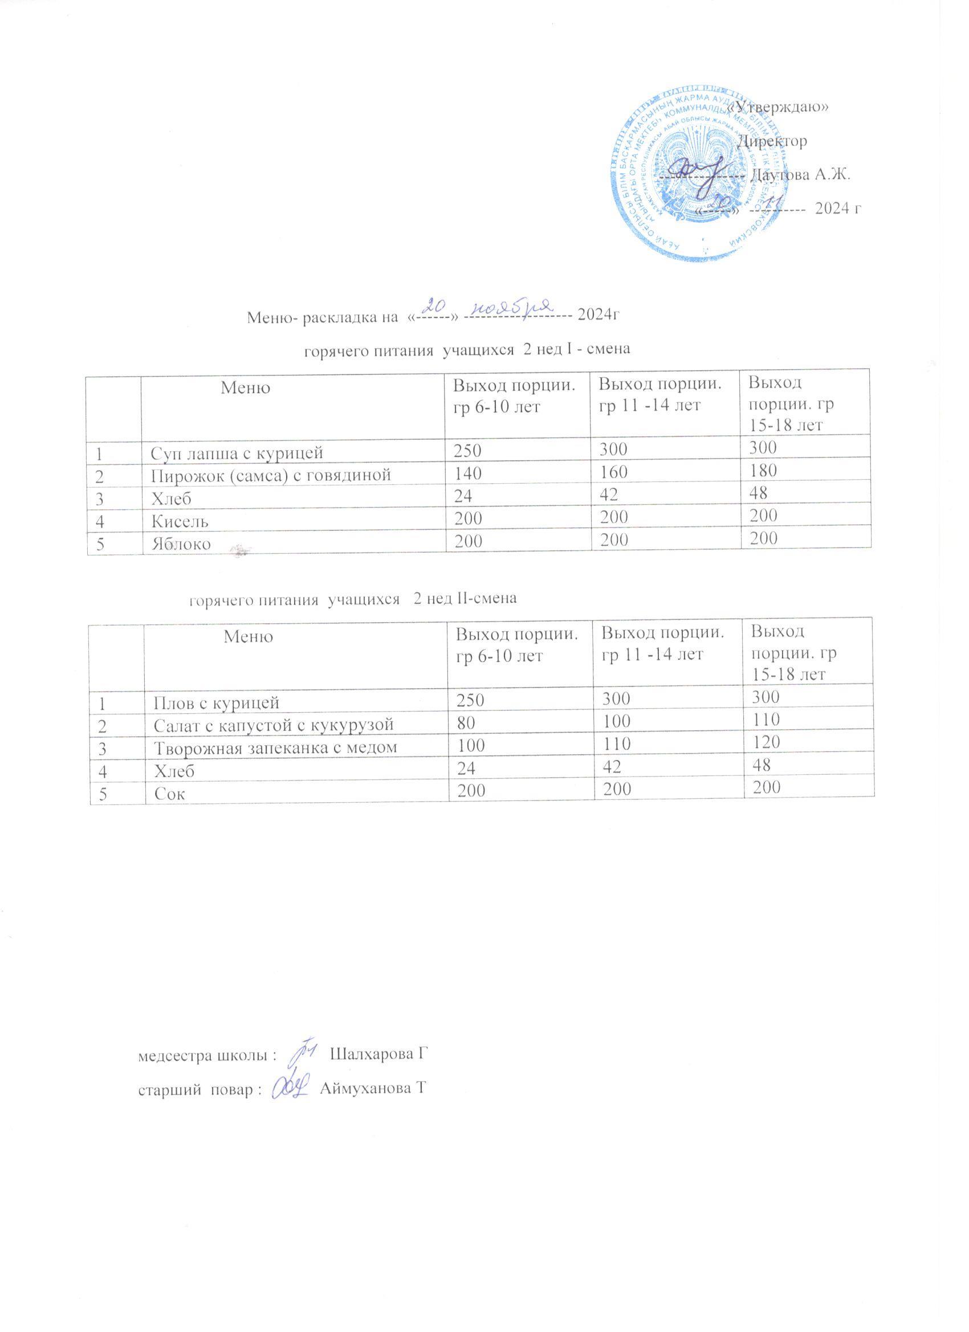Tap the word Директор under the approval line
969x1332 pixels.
click(772, 141)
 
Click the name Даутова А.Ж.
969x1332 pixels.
click(801, 175)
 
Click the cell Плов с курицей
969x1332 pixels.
click(216, 702)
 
